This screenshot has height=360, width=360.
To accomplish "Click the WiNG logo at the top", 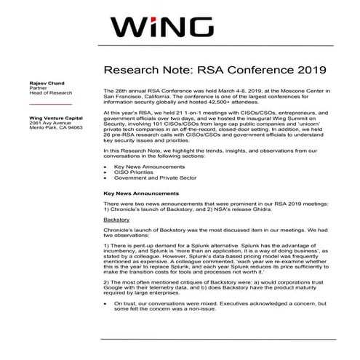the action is click(x=180, y=28).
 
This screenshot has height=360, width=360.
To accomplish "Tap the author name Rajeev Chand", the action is click(x=47, y=83).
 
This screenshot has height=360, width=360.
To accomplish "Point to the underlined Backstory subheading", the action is click(x=117, y=217).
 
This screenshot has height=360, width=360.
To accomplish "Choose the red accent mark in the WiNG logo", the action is click(x=159, y=15).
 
